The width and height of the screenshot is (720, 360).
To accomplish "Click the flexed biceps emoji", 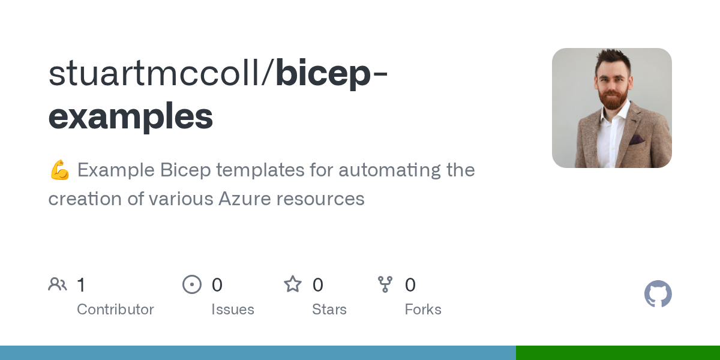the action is (x=60, y=170).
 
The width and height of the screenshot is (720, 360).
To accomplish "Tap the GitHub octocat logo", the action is (x=658, y=294).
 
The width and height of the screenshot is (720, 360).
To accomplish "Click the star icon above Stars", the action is (x=293, y=284).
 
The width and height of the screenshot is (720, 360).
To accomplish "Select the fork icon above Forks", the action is (x=385, y=284).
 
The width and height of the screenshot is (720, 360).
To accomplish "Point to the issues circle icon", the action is (x=192, y=284).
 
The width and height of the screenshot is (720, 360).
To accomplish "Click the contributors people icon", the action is (x=58, y=284).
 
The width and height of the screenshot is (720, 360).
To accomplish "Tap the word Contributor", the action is (x=115, y=310).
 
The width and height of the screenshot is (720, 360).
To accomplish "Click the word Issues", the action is (x=233, y=310).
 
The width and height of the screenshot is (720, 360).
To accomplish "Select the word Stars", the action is (x=329, y=310).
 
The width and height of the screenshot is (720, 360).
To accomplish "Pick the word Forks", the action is (x=423, y=310).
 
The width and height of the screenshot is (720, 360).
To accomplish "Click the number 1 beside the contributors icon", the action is (x=81, y=285).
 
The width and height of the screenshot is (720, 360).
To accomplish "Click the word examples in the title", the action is (x=131, y=116).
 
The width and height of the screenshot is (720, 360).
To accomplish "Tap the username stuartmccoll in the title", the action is (x=154, y=73).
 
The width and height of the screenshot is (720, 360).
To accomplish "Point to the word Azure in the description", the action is (x=245, y=199).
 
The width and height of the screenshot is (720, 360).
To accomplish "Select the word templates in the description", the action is (x=260, y=170).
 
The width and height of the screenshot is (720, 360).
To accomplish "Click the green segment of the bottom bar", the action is (x=618, y=353).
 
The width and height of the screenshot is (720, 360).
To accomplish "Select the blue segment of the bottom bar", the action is (x=258, y=353).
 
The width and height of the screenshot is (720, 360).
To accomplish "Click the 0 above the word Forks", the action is (x=410, y=285).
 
